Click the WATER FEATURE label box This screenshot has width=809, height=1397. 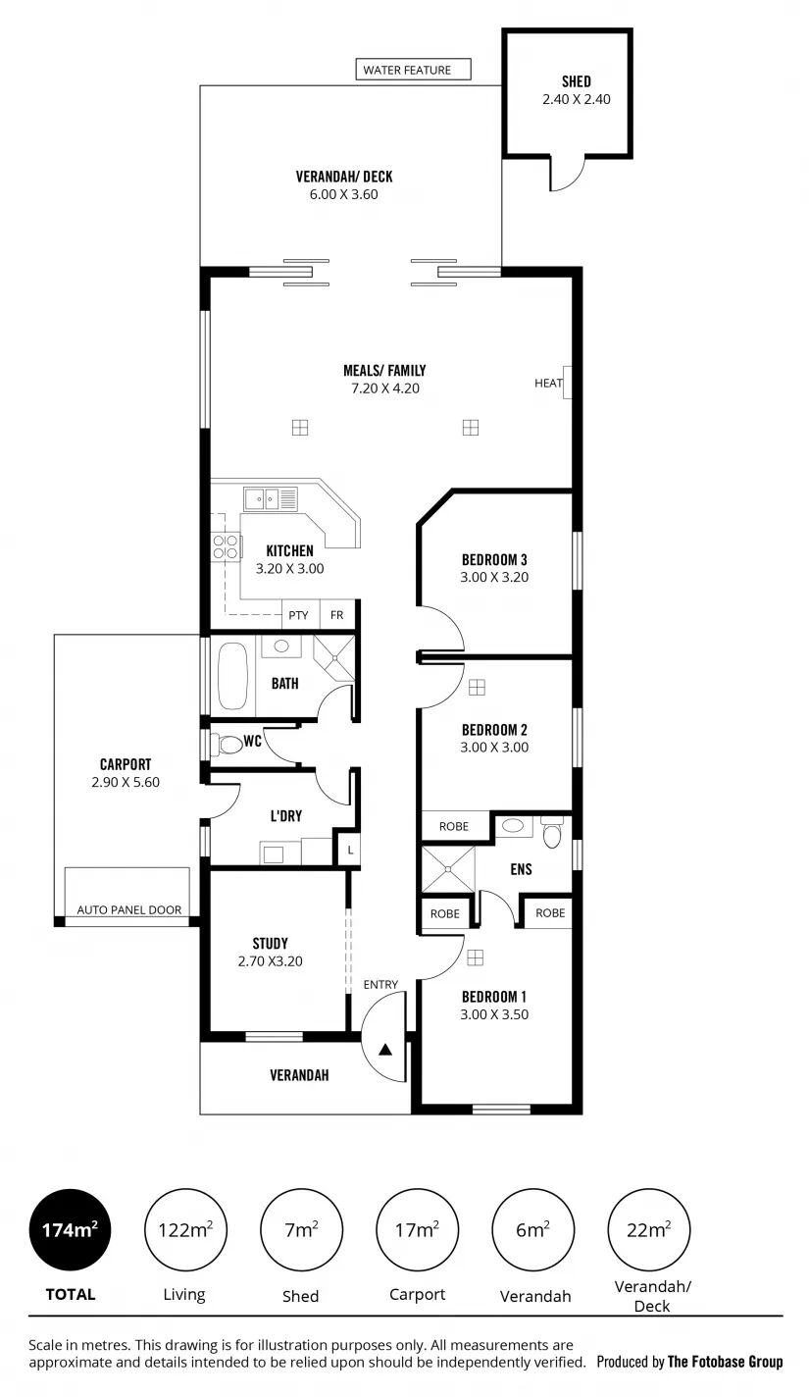(x=413, y=70)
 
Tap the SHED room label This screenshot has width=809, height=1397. (x=576, y=81)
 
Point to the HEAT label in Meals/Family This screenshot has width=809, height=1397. (x=548, y=383)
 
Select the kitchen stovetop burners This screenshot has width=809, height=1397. (x=225, y=546)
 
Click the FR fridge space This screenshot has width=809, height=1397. (x=337, y=614)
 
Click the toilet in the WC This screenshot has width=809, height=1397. (x=228, y=744)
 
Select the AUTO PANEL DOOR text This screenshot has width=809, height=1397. (x=129, y=910)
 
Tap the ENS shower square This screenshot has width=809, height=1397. (x=448, y=869)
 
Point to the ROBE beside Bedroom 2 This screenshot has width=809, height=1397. (x=455, y=826)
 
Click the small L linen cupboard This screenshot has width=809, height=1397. (x=350, y=850)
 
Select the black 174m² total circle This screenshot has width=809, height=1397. (x=70, y=1230)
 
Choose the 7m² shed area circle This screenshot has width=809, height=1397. (x=301, y=1230)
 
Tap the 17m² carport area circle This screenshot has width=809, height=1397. (x=417, y=1230)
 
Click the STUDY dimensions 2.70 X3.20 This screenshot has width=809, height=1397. (x=270, y=961)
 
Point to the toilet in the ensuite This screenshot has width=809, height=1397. (x=552, y=833)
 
